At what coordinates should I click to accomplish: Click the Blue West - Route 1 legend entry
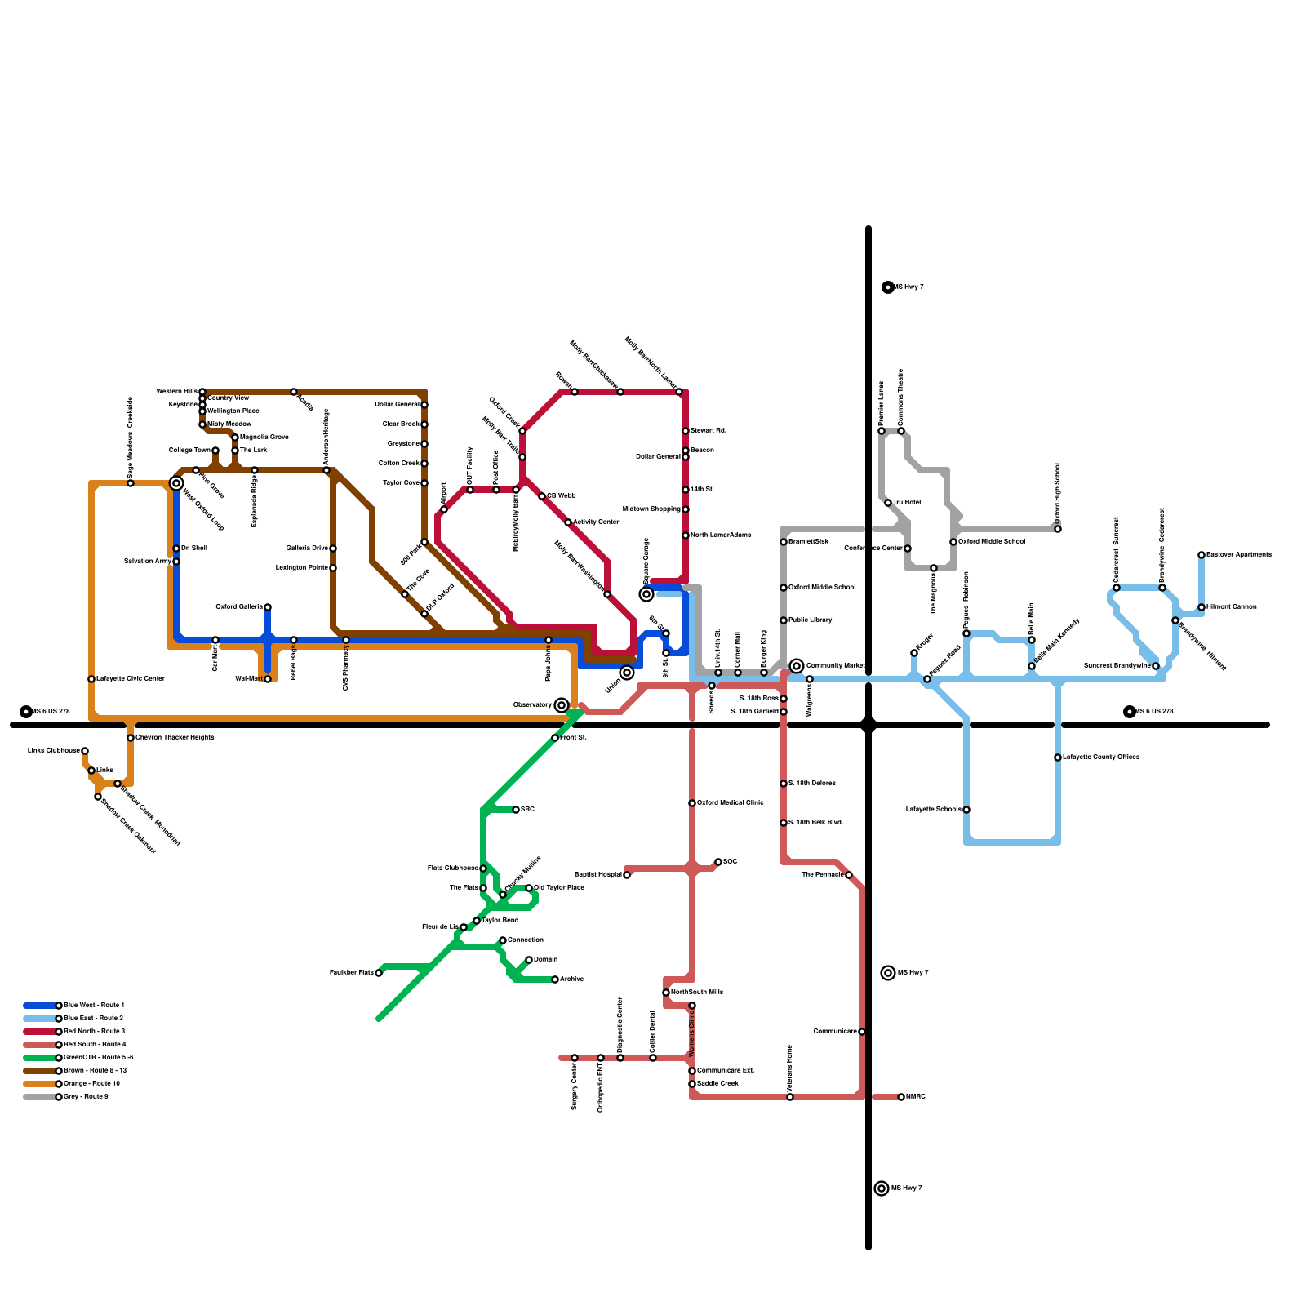click(x=94, y=1005)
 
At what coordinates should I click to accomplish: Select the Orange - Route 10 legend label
click(x=92, y=1083)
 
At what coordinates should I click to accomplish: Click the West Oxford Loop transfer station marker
click(x=176, y=483)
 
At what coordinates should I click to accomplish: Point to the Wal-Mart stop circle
click(x=268, y=679)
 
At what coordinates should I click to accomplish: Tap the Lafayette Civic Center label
click(x=131, y=678)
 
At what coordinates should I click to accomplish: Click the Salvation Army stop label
click(x=148, y=561)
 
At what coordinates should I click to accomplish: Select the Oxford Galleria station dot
click(x=268, y=607)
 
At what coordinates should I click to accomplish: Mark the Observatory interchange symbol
click(x=562, y=705)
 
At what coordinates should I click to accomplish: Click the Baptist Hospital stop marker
click(x=627, y=875)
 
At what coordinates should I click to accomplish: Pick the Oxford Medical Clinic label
click(x=731, y=802)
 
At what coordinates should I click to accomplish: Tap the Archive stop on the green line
click(x=555, y=979)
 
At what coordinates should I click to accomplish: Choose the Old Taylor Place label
click(x=560, y=887)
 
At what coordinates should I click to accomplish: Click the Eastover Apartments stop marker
click(x=1202, y=555)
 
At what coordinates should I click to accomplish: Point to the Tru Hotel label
click(x=907, y=502)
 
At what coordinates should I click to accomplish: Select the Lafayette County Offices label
click(x=1101, y=757)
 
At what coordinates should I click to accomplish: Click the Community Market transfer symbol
click(x=797, y=666)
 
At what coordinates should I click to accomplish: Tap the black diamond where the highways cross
click(x=868, y=725)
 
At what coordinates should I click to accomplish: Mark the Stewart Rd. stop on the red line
click(x=686, y=431)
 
